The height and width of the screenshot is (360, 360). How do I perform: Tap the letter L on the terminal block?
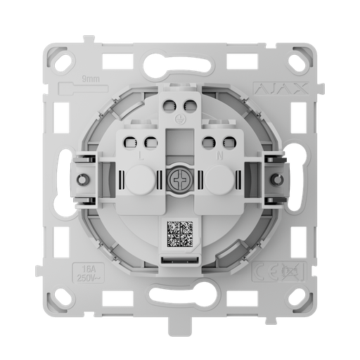click(143, 154)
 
